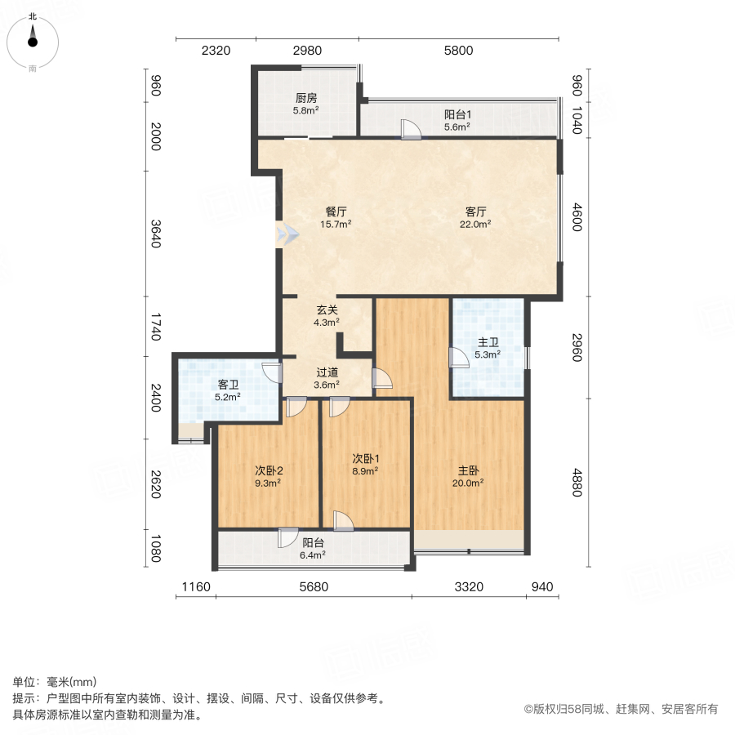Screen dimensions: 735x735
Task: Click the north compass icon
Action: coord(33,36)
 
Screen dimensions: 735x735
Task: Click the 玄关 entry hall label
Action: coord(327,310)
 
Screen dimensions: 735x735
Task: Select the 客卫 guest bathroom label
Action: coord(228,385)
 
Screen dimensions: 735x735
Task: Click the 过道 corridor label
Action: coord(327,372)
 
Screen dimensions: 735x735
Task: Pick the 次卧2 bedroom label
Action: coord(269,470)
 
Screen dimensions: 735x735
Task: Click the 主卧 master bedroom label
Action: coord(468,470)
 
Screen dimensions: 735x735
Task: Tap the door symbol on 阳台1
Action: coord(410,129)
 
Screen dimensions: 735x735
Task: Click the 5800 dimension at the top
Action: coord(458,51)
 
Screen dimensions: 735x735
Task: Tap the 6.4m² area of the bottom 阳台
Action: coord(313,555)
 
